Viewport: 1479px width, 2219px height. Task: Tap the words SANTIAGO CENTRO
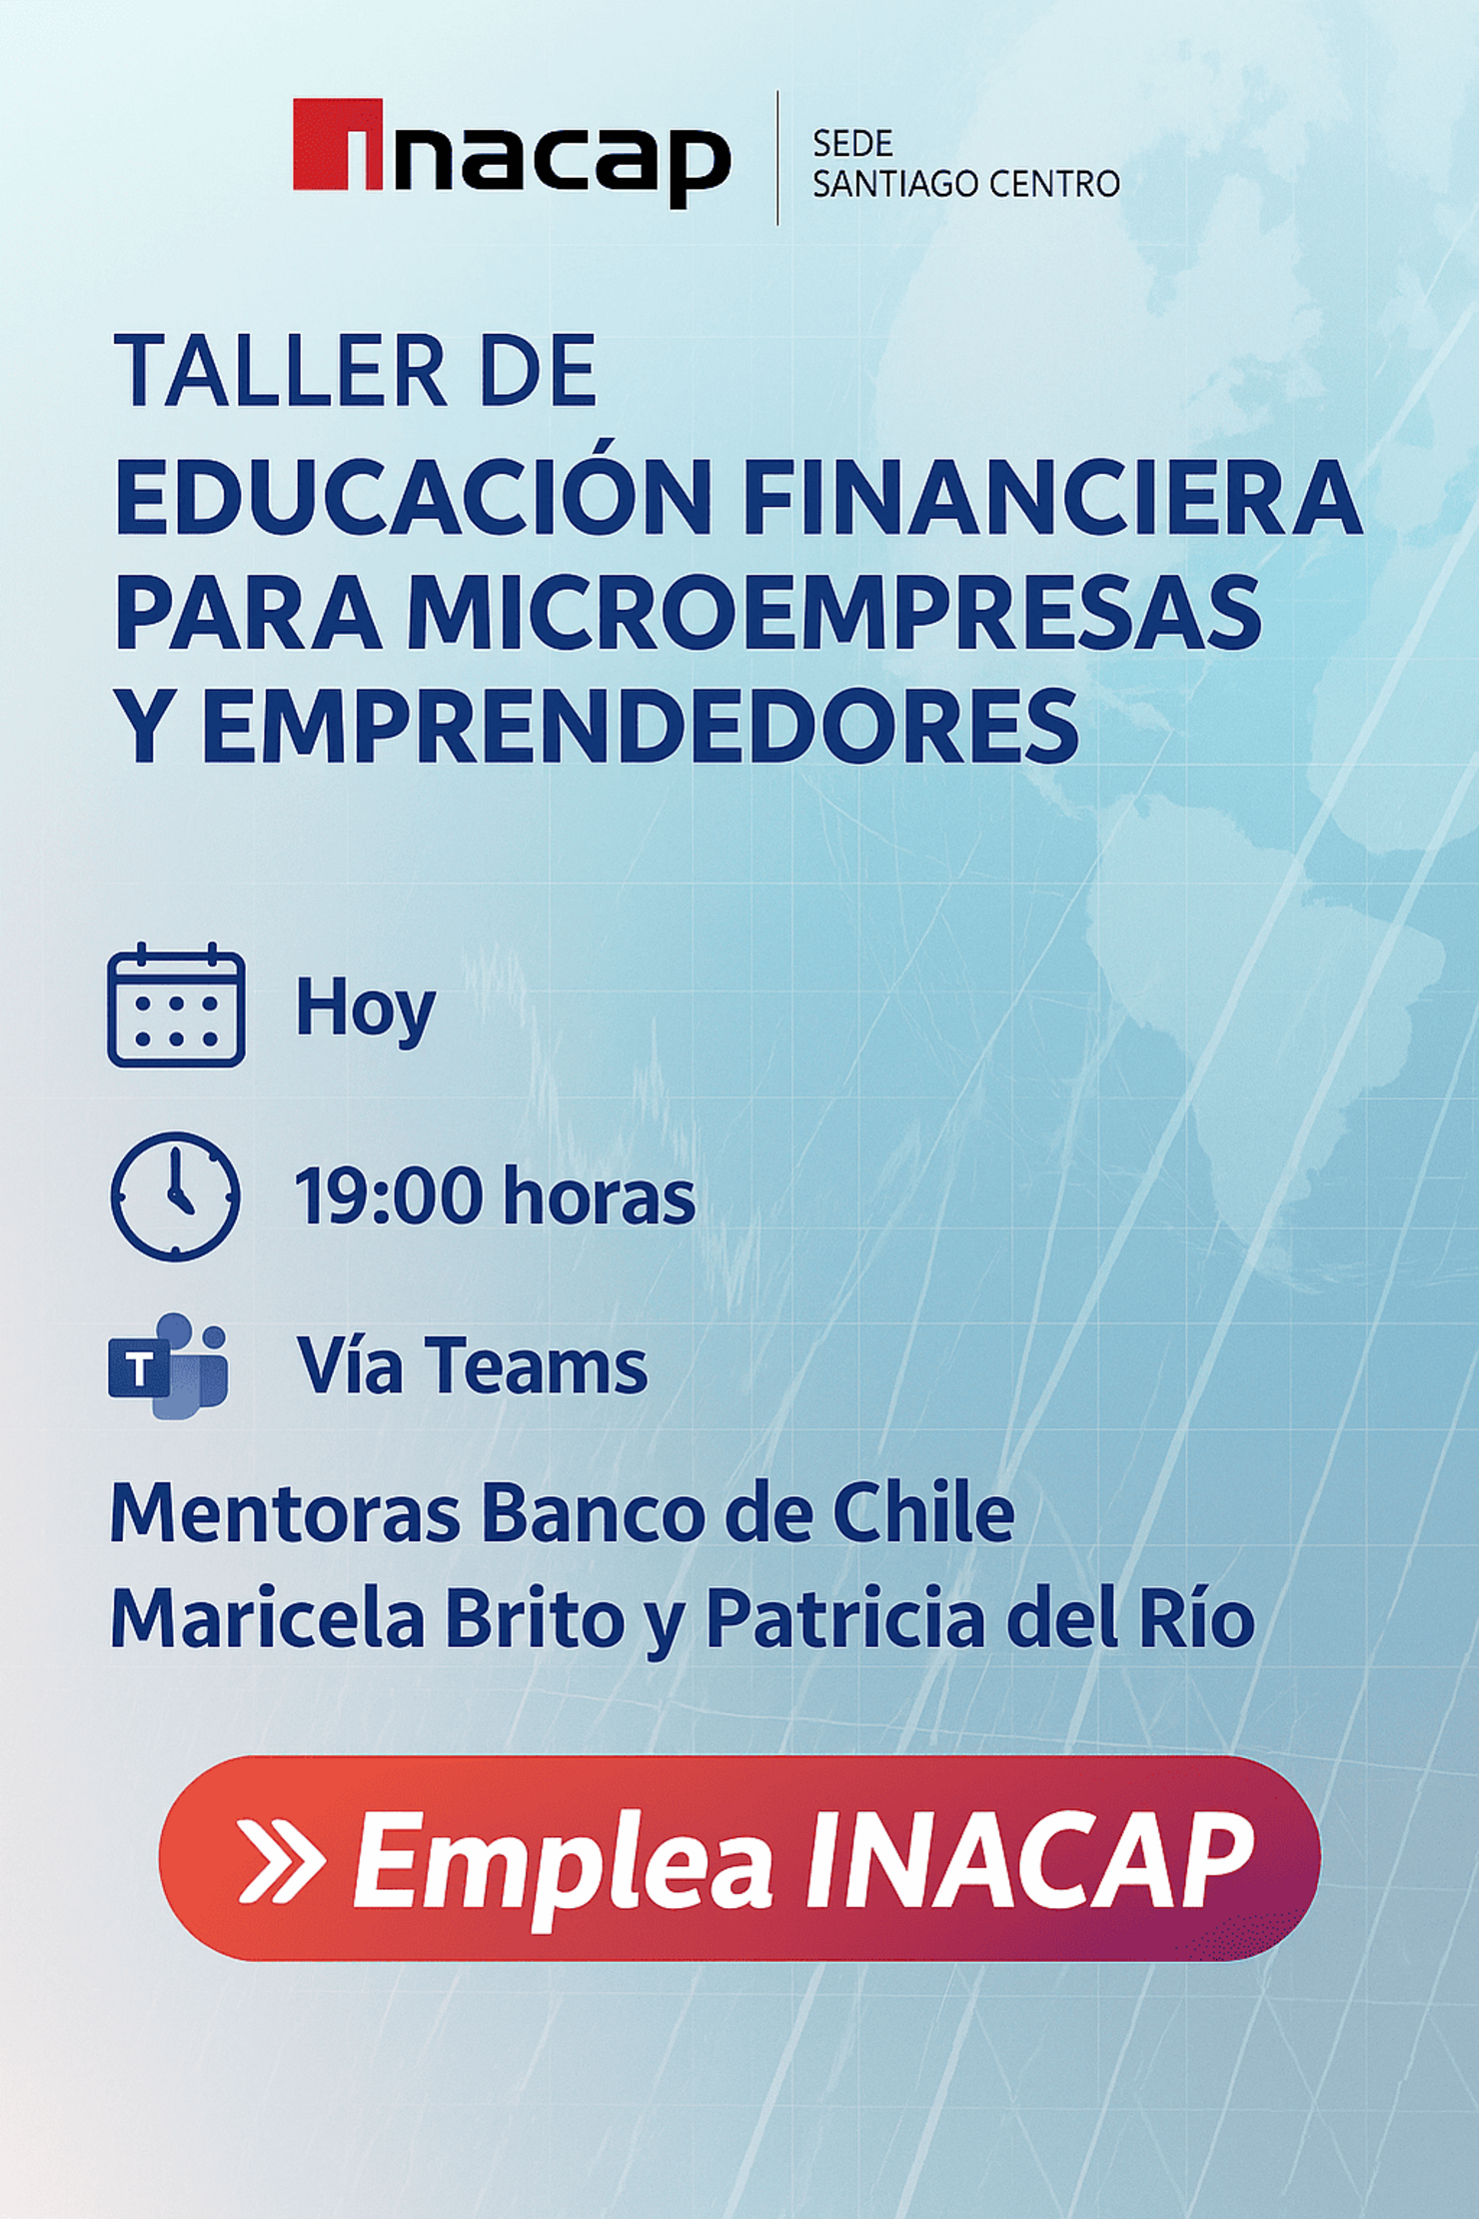(965, 184)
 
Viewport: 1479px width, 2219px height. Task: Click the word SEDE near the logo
(851, 144)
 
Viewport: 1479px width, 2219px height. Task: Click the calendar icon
(176, 1005)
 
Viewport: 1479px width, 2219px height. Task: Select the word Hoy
(365, 1009)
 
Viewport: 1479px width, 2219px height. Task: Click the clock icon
(175, 1195)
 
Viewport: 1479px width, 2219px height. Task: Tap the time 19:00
(388, 1196)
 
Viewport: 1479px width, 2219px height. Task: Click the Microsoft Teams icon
(168, 1365)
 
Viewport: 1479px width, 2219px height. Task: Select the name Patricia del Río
(979, 1620)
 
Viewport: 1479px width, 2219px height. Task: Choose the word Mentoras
(285, 1514)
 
